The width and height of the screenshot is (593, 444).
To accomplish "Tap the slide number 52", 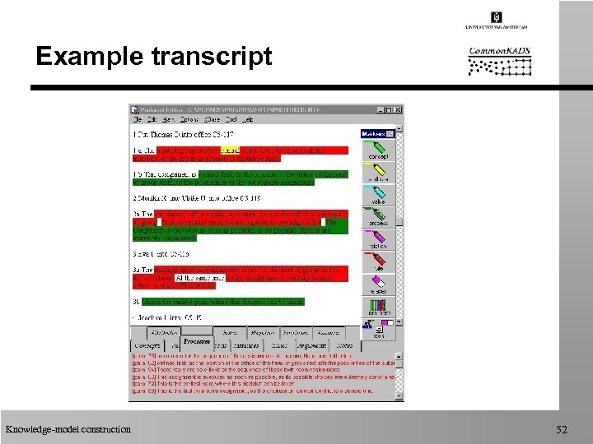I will [563, 429].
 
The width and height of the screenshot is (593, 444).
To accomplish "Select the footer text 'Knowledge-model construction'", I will [68, 429].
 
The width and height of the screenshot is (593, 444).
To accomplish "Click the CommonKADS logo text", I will [499, 52].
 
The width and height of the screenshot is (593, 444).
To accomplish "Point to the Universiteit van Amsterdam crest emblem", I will [496, 17].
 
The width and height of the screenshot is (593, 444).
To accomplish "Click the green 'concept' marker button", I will [378, 150].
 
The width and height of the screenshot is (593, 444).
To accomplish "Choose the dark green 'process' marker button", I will [378, 216].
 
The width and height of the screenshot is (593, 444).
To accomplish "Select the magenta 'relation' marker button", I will [378, 239].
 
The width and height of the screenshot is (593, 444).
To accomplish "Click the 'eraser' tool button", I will [378, 284].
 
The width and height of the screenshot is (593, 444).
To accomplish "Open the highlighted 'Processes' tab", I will [197, 340].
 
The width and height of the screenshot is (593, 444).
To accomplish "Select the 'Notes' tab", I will [344, 346].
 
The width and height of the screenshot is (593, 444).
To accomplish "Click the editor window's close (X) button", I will [398, 109].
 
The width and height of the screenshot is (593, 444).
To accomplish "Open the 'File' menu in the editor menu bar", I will [138, 119].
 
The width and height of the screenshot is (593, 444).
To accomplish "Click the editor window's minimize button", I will [381, 109].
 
